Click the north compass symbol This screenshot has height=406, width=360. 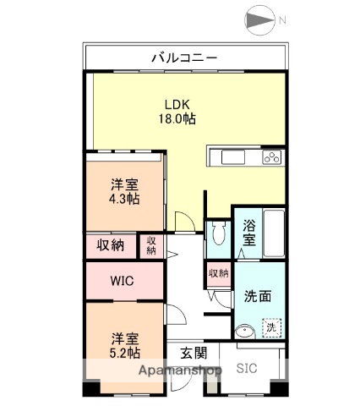(x=258, y=20)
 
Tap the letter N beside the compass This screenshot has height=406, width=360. (x=284, y=20)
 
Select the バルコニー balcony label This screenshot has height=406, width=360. (x=184, y=58)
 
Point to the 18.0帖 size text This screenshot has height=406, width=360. (x=177, y=119)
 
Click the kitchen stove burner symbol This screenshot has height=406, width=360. (x=272, y=156)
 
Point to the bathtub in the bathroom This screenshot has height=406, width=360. (x=274, y=233)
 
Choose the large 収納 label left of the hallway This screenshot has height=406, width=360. (x=111, y=245)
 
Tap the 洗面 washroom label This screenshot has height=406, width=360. (x=258, y=297)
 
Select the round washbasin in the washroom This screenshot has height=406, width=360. (x=244, y=332)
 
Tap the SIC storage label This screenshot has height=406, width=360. (x=247, y=369)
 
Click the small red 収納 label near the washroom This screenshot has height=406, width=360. (x=218, y=273)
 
